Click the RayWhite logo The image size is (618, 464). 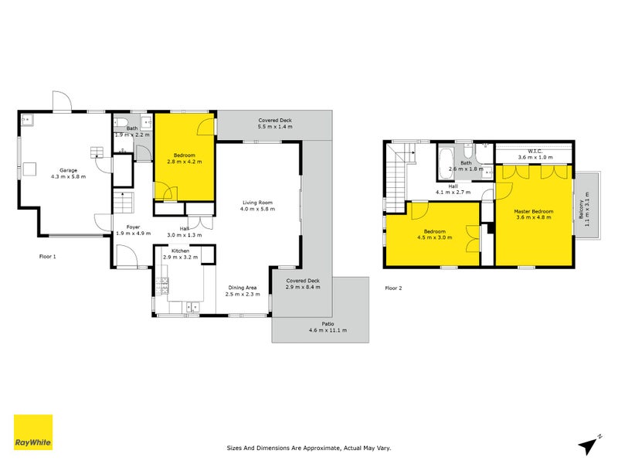click(x=33, y=432)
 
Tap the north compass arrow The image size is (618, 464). click(x=591, y=443)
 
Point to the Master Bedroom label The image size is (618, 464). click(x=534, y=210)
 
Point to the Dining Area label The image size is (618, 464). click(x=243, y=288)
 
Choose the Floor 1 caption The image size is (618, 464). click(x=48, y=256)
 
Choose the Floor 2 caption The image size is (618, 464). click(x=393, y=288)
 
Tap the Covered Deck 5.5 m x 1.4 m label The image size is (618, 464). click(x=274, y=121)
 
